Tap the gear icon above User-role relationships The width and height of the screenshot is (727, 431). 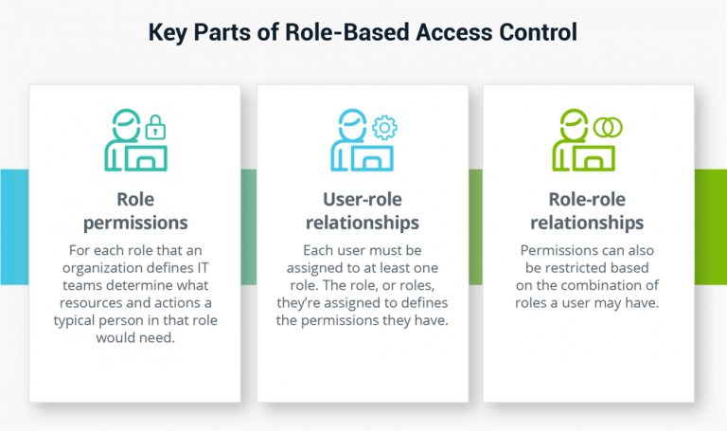pos(384,127)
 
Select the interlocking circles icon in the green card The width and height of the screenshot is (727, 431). pos(607,126)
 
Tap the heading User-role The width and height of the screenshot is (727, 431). pos(363,200)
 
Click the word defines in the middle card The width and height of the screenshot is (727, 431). pos(423,302)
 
